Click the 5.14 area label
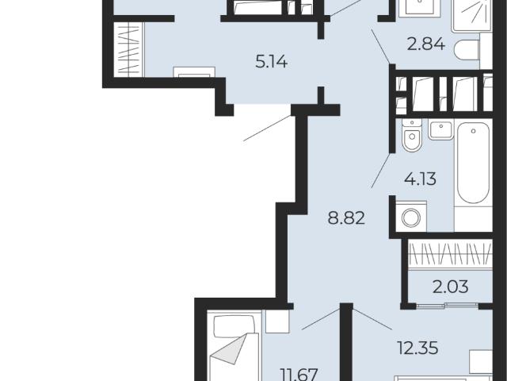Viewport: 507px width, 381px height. click(x=271, y=62)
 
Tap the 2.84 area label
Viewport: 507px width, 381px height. click(x=426, y=44)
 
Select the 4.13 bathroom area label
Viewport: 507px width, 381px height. click(x=421, y=179)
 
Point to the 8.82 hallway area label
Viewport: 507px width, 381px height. click(x=346, y=218)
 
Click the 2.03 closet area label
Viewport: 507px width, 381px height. click(x=451, y=287)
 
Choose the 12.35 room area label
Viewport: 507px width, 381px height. click(x=418, y=348)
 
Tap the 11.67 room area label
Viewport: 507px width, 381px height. click(x=300, y=374)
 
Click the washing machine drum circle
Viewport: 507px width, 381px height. click(x=411, y=217)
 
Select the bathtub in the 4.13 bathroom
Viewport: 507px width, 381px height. click(x=473, y=163)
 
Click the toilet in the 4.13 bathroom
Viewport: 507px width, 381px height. click(x=412, y=135)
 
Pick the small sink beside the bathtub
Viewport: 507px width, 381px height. click(x=441, y=130)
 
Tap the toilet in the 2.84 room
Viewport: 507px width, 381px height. click(x=467, y=50)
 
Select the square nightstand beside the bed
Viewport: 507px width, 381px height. click(x=277, y=321)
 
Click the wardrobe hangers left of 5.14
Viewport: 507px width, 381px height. click(x=128, y=49)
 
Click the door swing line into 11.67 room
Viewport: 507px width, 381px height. click(x=321, y=319)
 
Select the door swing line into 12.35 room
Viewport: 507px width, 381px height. click(x=372, y=319)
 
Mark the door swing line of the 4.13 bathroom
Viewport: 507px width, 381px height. click(x=382, y=171)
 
